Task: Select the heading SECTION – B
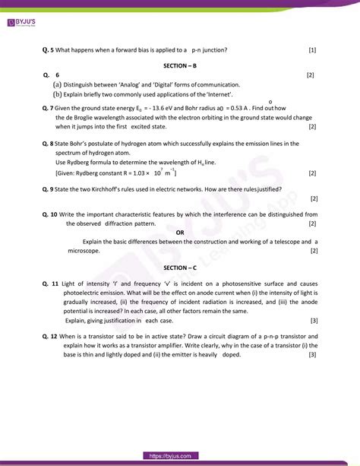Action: (179, 66)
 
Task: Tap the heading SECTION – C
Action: (179, 268)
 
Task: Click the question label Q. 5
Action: (49, 50)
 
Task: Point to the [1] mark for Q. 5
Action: (312, 50)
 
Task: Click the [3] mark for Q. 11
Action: (313, 320)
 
